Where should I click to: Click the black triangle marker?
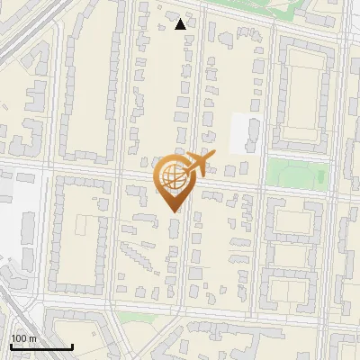181,24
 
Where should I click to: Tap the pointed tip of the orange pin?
175,211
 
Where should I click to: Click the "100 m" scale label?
23,338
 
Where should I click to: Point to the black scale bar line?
41,346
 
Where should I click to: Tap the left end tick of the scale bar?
11,346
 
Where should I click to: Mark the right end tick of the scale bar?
72,346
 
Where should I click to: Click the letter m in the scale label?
32,338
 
